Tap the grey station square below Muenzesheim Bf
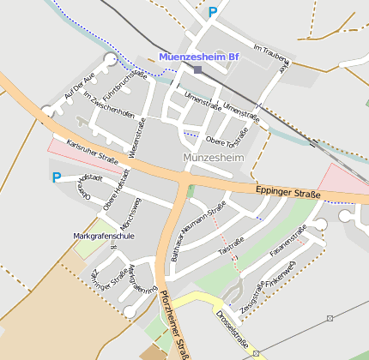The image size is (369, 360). click(x=197, y=69)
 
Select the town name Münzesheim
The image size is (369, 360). click(x=214, y=159)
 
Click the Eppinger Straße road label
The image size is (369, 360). click(x=287, y=192)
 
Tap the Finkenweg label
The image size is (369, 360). click(x=280, y=273)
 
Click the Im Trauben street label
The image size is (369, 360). click(x=269, y=52)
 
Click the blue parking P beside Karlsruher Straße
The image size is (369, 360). click(x=57, y=178)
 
